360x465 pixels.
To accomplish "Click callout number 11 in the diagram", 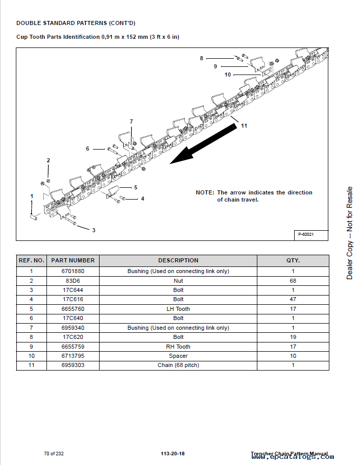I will point(244,126).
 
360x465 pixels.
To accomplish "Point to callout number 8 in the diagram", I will point(201,58).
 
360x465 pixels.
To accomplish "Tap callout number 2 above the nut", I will point(49,160).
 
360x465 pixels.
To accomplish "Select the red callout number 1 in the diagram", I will point(32,196).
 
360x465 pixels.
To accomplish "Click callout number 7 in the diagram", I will point(131,121).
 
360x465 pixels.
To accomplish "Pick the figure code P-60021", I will point(305,234).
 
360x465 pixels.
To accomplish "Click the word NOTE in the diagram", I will point(205,192).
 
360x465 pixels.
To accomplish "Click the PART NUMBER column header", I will point(73,260).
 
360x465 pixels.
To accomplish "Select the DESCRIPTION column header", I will point(178,260).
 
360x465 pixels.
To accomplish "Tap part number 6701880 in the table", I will point(73,272).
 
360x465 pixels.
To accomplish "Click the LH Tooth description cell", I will point(178,309).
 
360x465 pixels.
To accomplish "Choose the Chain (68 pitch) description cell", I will point(178,365).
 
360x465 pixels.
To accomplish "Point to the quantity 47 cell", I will point(293,300).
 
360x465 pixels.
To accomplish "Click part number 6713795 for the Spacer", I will point(73,356).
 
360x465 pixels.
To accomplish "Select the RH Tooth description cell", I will point(178,347).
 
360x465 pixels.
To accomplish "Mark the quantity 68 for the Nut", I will point(293,281).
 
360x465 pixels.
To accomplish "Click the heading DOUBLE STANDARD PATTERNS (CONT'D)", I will point(76,23).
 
